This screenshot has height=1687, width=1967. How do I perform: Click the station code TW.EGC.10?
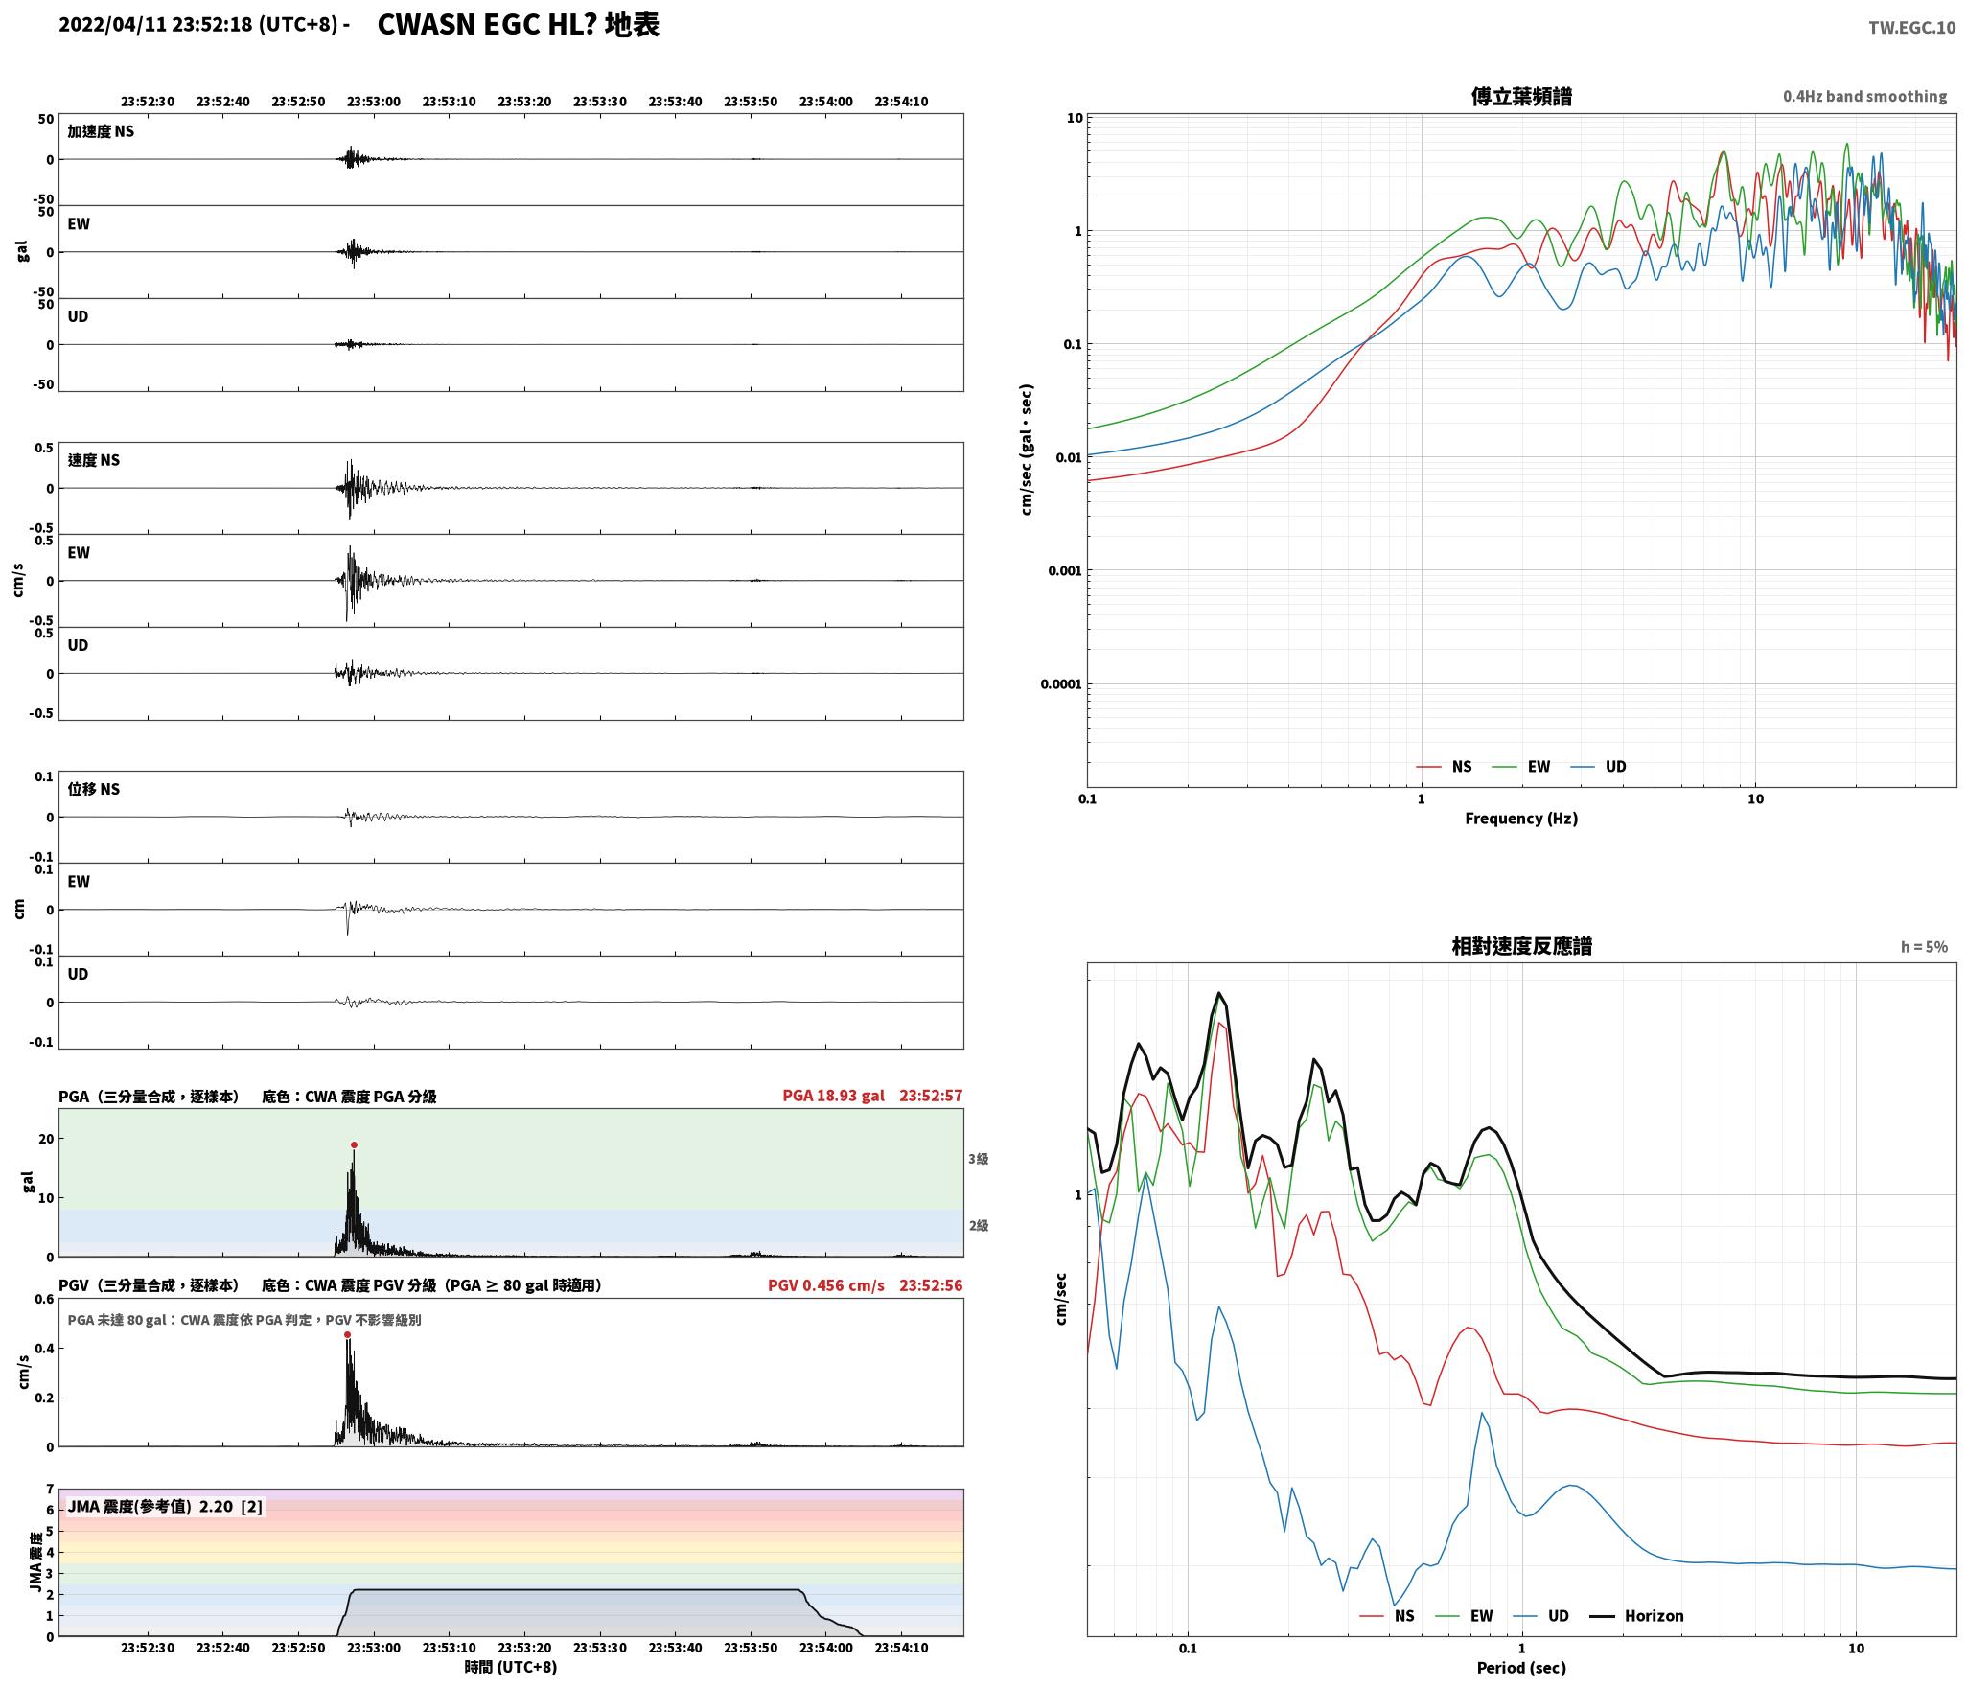click(x=1911, y=28)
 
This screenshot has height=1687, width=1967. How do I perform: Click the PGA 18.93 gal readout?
click(x=833, y=1096)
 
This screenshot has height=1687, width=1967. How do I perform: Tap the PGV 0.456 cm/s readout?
click(x=825, y=1285)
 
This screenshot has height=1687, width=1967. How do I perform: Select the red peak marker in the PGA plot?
click(x=354, y=1145)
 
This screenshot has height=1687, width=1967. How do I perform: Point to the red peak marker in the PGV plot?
click(x=347, y=1335)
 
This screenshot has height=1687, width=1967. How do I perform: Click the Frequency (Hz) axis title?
click(x=1521, y=819)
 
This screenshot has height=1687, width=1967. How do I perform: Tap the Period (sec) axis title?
click(x=1521, y=1668)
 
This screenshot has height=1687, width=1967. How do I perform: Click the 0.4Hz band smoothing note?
click(x=1865, y=97)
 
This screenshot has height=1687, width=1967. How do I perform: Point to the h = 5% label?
click(x=1925, y=947)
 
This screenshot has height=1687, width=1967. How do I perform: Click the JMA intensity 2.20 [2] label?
click(x=165, y=1507)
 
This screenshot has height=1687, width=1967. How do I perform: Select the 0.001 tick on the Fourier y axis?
click(x=1065, y=571)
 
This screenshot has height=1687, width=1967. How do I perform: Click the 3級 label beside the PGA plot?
click(x=978, y=1159)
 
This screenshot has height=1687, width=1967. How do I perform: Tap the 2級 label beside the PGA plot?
click(x=978, y=1226)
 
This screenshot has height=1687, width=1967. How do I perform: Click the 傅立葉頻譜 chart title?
click(x=1521, y=97)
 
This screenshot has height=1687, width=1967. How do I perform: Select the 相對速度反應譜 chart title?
click(x=1521, y=946)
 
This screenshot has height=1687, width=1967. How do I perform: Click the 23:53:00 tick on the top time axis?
click(x=374, y=102)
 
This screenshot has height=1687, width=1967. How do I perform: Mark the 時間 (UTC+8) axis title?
click(x=511, y=1667)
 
